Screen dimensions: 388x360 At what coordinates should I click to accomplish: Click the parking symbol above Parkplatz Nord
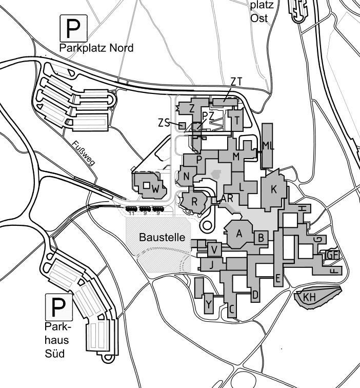74,28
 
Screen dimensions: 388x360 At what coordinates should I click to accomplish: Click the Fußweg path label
84,153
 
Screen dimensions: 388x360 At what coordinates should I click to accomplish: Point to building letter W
155,189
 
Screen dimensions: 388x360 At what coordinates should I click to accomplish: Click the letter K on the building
274,189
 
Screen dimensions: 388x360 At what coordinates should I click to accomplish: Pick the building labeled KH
309,297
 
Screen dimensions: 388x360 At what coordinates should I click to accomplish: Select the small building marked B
261,238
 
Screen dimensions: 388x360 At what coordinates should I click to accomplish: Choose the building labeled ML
268,146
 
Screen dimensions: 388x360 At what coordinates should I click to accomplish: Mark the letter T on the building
236,122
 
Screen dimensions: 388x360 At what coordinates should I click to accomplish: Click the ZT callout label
236,81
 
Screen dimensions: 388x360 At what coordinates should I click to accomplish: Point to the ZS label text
164,123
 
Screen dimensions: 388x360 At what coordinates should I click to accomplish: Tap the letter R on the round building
194,200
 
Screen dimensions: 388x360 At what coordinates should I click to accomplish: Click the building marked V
214,249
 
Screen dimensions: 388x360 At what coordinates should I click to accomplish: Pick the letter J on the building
210,265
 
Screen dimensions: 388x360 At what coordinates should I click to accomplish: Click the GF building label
333,255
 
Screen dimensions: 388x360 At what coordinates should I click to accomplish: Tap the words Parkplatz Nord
96,48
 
